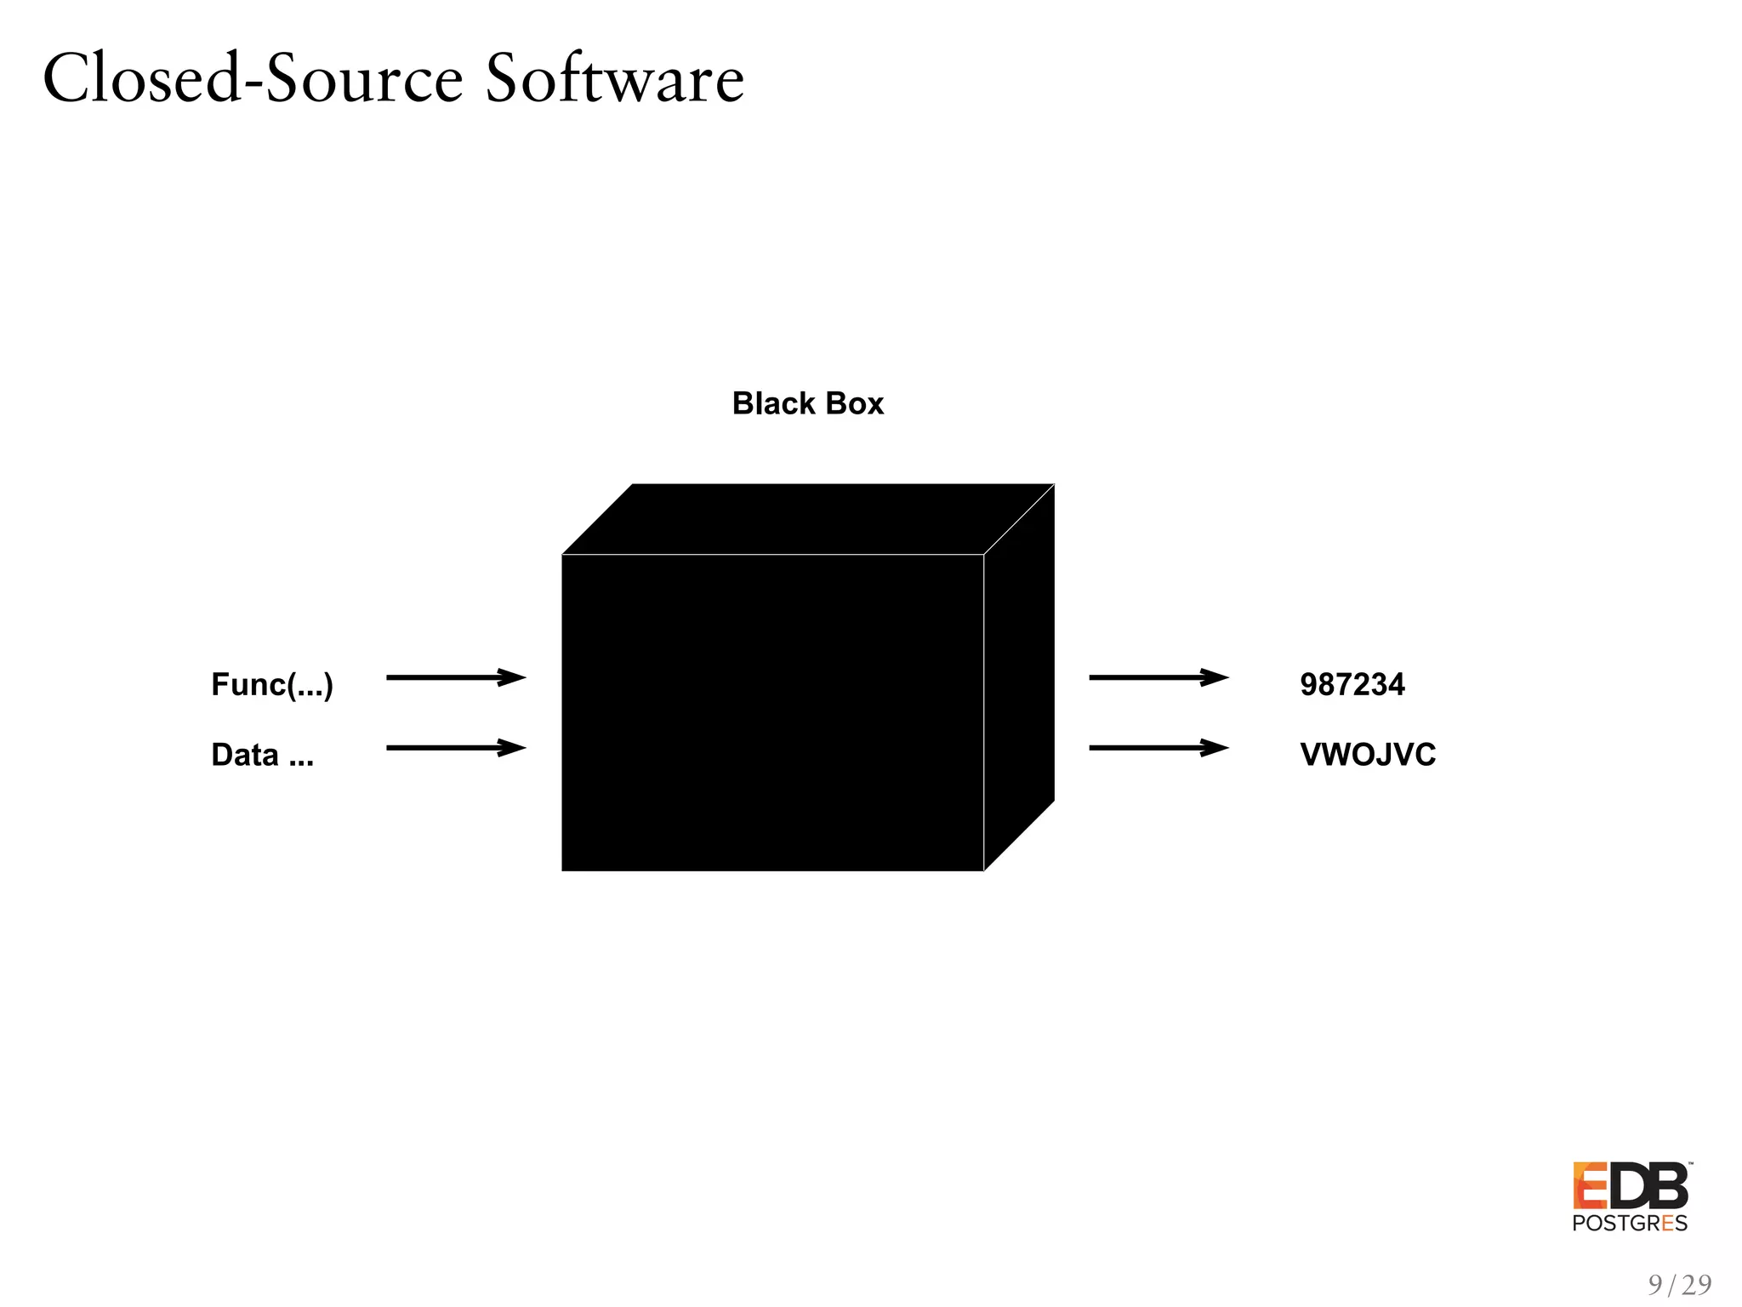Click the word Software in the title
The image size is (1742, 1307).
point(614,78)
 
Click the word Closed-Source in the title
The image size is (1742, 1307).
point(253,78)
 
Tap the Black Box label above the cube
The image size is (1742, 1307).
point(807,403)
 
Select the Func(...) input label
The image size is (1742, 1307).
point(272,684)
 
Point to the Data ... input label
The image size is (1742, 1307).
point(262,755)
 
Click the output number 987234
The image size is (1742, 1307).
point(1352,684)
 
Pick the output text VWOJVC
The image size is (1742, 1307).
point(1367,755)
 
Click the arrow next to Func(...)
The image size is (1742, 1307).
point(455,677)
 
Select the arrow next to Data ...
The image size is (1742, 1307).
point(455,748)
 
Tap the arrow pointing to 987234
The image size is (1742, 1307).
point(1158,677)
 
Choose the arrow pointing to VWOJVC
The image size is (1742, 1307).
point(1158,748)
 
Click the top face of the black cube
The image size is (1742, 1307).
point(808,519)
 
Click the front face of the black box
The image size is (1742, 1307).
point(772,713)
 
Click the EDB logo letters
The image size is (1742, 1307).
point(1630,1186)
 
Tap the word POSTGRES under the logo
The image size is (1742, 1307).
point(1630,1224)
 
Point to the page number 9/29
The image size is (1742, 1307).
point(1679,1284)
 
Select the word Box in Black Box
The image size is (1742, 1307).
point(855,403)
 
